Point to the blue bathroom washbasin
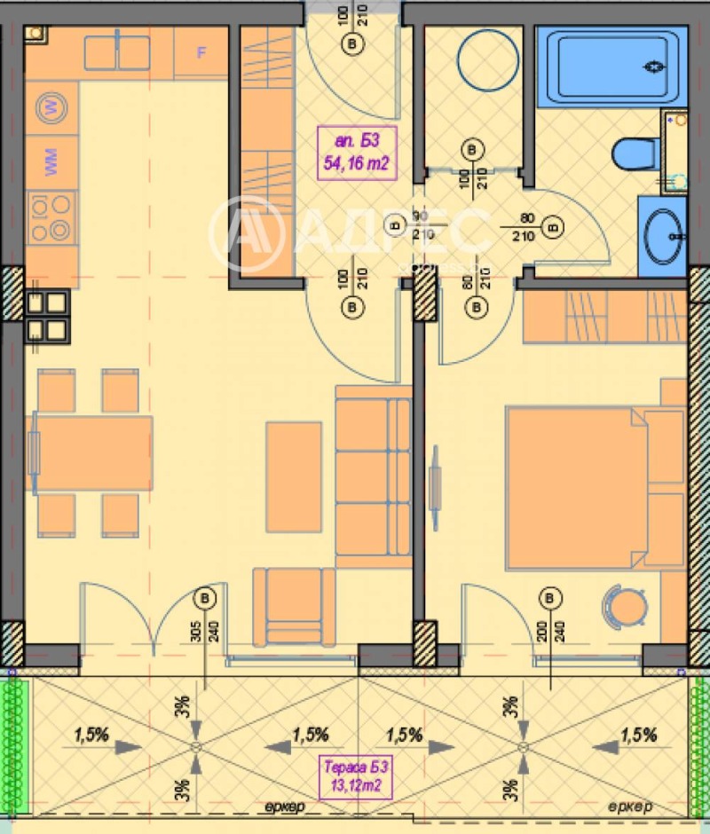(x=661, y=231)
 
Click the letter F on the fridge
(x=201, y=51)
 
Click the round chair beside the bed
(x=627, y=608)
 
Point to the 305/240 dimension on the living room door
(x=206, y=634)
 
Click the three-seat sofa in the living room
(x=373, y=476)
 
